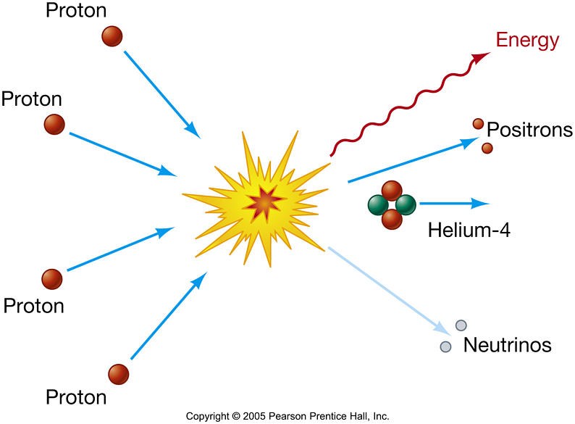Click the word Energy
point(527,41)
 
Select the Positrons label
point(529,130)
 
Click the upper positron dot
point(478,124)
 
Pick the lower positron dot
point(487,148)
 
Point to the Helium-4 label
point(469,231)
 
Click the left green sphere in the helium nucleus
point(378,205)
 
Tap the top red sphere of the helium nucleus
point(392,191)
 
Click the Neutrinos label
point(507,344)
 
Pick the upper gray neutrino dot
point(461,325)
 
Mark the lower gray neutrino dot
point(446,346)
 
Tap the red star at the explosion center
point(264,204)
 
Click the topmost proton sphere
point(112,36)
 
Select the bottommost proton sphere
point(119,374)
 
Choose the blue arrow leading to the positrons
point(409,161)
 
